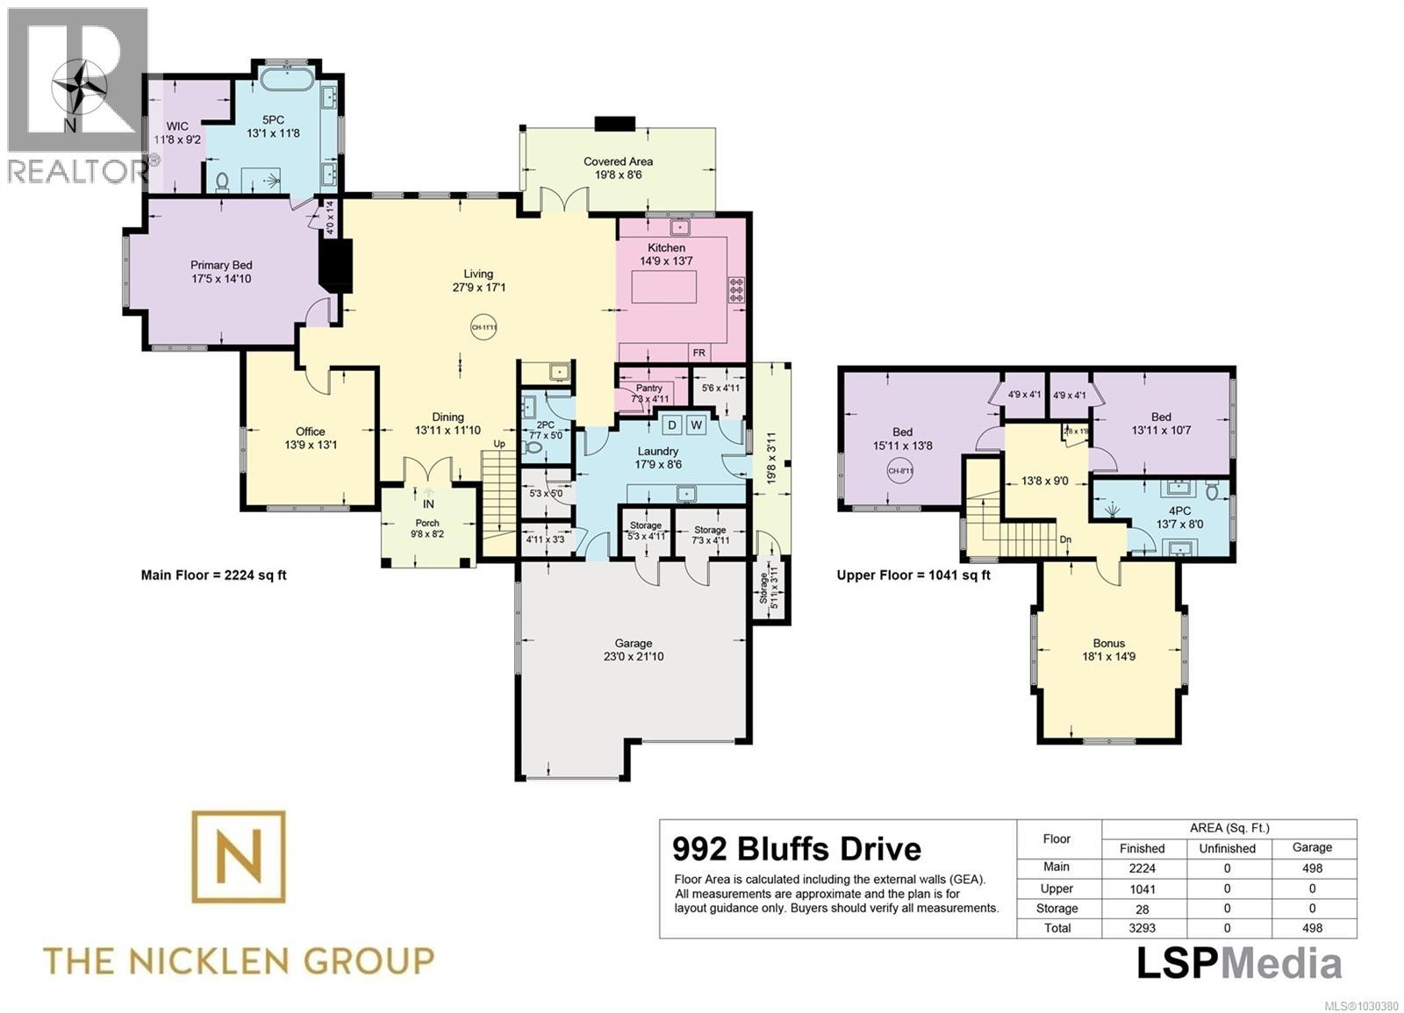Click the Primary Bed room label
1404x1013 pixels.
coord(221,265)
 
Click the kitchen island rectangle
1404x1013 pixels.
coord(664,287)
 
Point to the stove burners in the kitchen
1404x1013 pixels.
coord(736,289)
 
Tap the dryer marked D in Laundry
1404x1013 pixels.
coord(672,425)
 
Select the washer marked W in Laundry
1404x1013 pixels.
coord(698,425)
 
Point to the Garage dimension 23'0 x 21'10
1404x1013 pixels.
coord(633,657)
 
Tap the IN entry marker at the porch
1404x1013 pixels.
coord(428,504)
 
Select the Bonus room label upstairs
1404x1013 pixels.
coord(1108,643)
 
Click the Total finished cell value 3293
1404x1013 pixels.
coord(1142,928)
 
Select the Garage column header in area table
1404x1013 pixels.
coord(1312,847)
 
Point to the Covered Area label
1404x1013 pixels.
coord(618,161)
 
